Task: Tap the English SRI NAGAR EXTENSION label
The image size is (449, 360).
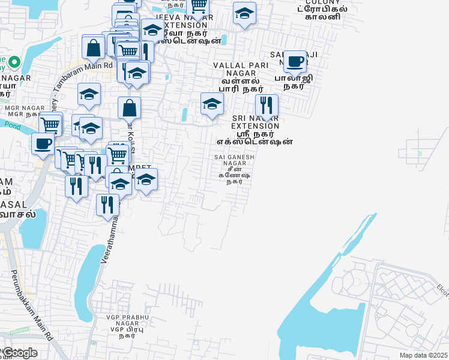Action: [255, 122]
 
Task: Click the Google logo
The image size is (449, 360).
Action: [20, 353]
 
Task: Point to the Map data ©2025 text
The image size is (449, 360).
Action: [423, 355]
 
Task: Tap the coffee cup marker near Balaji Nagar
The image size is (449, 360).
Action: [295, 61]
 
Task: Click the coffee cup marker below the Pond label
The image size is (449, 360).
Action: [43, 144]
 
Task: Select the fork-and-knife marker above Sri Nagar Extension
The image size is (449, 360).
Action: [267, 106]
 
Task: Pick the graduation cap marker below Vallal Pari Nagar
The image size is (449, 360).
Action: [211, 104]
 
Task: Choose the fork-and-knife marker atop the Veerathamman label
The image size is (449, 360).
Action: [107, 205]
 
